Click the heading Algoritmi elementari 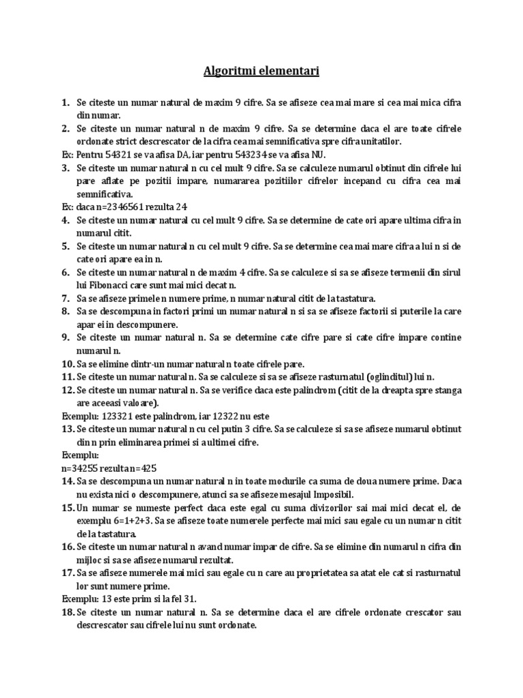261,70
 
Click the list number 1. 65,103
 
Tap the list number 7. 65,298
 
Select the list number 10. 67,363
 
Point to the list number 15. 67,508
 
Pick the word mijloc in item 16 89,560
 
